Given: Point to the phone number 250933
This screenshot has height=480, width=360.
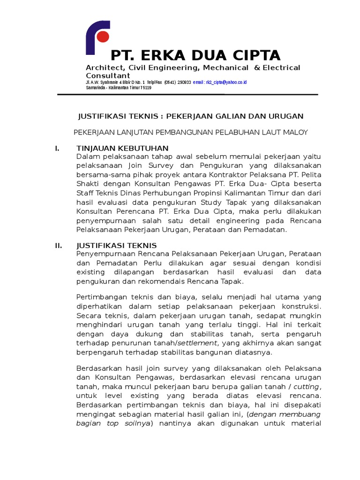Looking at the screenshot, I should [x=184, y=82].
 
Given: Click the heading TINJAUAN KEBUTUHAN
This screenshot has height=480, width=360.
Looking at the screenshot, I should [x=115, y=149].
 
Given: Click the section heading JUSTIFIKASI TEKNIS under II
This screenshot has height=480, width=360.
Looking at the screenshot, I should [x=116, y=246].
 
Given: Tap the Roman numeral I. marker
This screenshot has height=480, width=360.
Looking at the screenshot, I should [x=57, y=149].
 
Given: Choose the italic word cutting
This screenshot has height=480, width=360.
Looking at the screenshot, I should [x=306, y=386].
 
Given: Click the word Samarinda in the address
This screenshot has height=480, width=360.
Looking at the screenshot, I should [x=96, y=88].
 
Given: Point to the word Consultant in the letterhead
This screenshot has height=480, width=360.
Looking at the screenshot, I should [x=108, y=75].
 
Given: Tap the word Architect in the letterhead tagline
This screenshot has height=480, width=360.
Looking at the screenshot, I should [x=102, y=67].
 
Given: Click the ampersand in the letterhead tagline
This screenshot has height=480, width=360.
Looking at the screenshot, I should [x=256, y=67].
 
